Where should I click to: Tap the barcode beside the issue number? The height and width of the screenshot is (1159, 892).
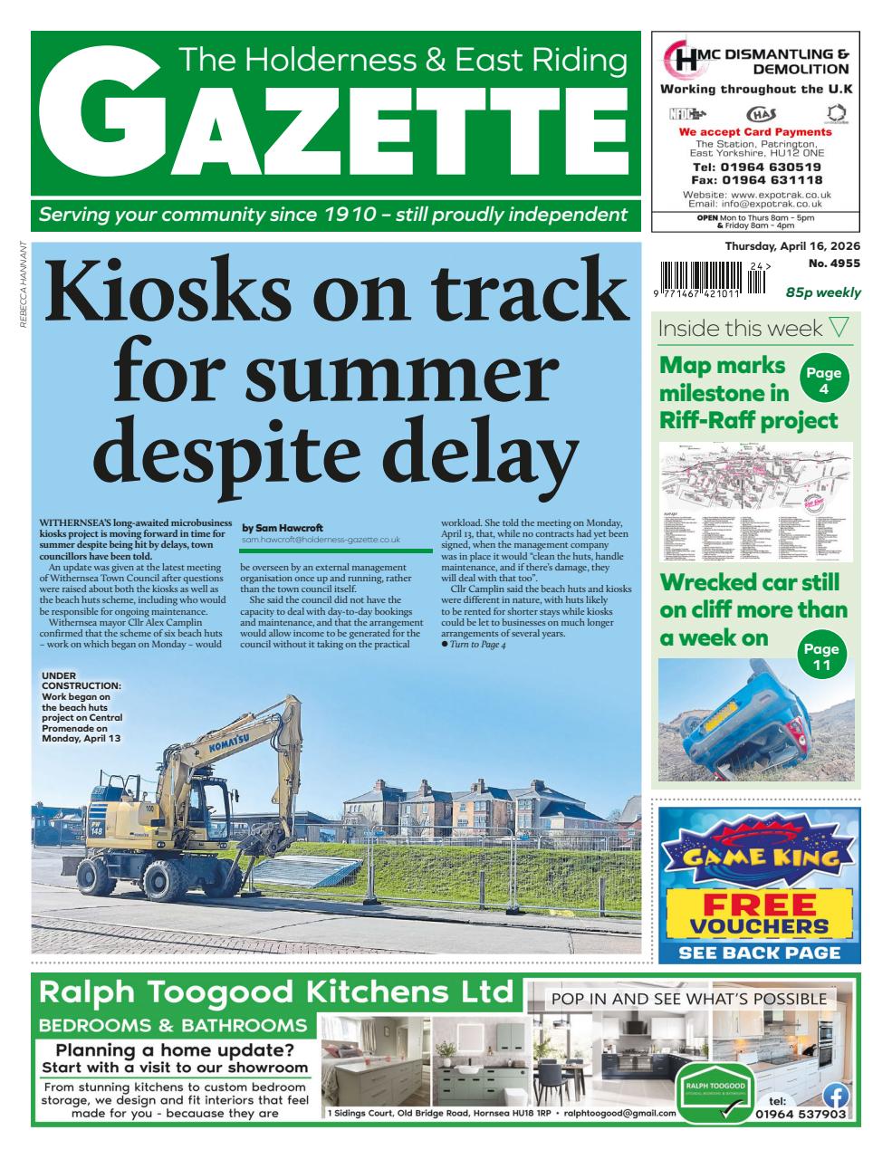click(x=703, y=273)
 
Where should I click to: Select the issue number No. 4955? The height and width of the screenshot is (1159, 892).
click(x=834, y=263)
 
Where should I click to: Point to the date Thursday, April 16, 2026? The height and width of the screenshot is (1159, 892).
click(x=791, y=246)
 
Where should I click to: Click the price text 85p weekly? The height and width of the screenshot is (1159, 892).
click(x=822, y=292)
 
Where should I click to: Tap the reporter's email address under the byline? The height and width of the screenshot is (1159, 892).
click(x=321, y=540)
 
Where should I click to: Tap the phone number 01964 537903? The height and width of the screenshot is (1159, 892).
click(x=801, y=1115)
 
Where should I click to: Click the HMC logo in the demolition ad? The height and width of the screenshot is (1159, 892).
click(x=680, y=61)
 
